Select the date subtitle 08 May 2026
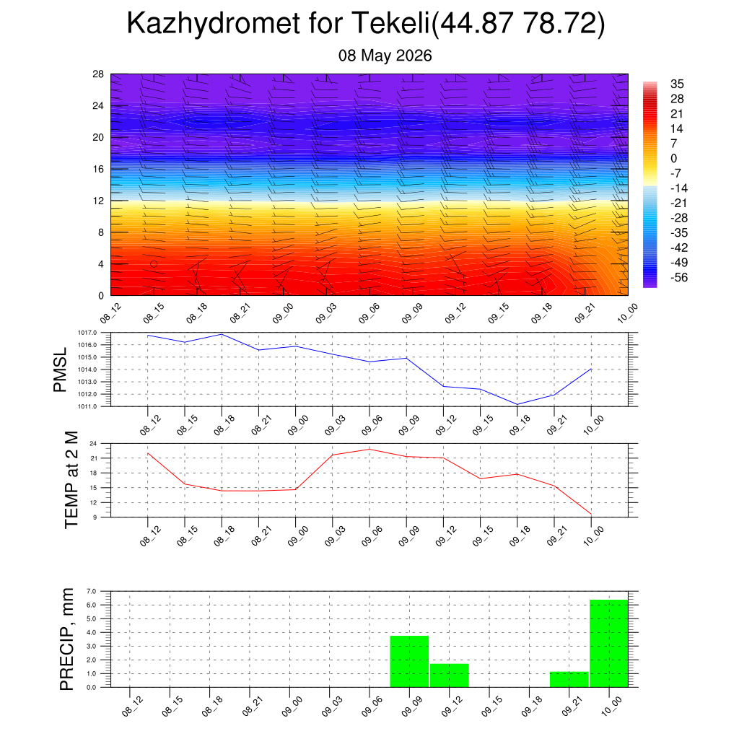(385, 56)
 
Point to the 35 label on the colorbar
(677, 84)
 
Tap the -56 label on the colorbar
(679, 278)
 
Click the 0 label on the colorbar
(673, 158)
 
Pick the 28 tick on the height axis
(98, 74)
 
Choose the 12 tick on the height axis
(98, 201)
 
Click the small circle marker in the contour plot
(154, 264)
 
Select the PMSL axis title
(61, 370)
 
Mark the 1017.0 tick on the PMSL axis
(87, 333)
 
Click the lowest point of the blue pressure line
(517, 404)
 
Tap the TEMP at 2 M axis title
(71, 480)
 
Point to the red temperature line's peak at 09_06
(369, 449)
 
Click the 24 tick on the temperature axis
(93, 444)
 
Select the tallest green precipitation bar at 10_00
(609, 643)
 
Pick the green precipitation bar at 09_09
(410, 662)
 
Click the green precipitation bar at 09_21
(569, 680)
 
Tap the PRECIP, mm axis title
(67, 639)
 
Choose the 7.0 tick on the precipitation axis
(92, 591)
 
